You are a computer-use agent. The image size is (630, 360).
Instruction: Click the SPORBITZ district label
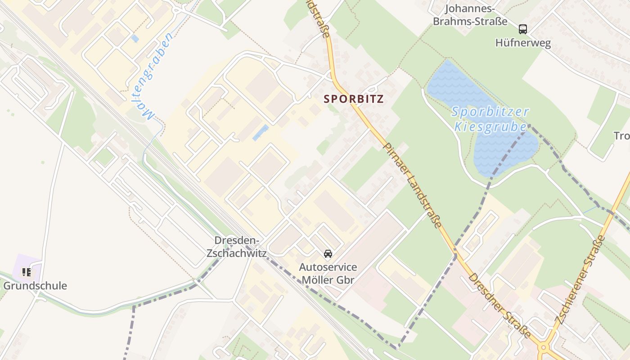354,99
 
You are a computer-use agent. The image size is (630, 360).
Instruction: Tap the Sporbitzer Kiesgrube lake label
490,119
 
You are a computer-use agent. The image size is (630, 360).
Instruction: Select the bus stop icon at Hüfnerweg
522,29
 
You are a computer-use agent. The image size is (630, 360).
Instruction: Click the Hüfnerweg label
523,43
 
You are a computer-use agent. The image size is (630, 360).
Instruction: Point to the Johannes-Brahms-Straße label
470,15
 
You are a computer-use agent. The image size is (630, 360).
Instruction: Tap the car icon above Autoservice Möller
328,254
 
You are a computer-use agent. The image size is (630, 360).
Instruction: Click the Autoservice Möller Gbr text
328,274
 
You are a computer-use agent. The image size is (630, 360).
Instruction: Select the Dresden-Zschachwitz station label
236,247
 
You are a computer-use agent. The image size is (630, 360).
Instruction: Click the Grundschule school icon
27,272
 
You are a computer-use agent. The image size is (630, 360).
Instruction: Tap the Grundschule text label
35,286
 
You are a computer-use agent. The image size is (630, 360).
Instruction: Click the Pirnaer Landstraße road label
412,185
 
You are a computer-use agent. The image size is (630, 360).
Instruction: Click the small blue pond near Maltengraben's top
135,39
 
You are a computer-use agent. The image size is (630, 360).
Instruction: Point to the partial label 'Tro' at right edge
621,136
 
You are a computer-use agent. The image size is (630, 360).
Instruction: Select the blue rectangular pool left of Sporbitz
261,133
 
